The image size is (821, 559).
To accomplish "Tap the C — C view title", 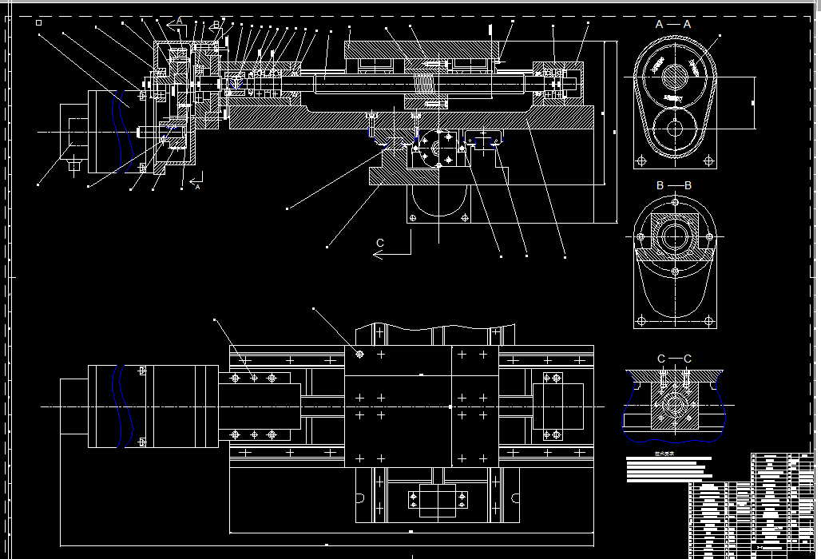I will pyautogui.click(x=674, y=359).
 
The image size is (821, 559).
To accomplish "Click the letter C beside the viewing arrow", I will pyautogui.click(x=380, y=243).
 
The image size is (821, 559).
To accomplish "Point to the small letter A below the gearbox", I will pyautogui.click(x=198, y=187).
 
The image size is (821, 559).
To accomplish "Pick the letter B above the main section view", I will pyautogui.click(x=216, y=25).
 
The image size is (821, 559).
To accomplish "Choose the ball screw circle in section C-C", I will pyautogui.click(x=674, y=406).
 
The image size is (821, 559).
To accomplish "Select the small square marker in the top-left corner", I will pyautogui.click(x=38, y=23).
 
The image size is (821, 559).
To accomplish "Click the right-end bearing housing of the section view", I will pyautogui.click(x=559, y=82).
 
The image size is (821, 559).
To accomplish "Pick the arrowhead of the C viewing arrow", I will pyautogui.click(x=376, y=255).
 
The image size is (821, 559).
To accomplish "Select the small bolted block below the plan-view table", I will pyautogui.click(x=436, y=501).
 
